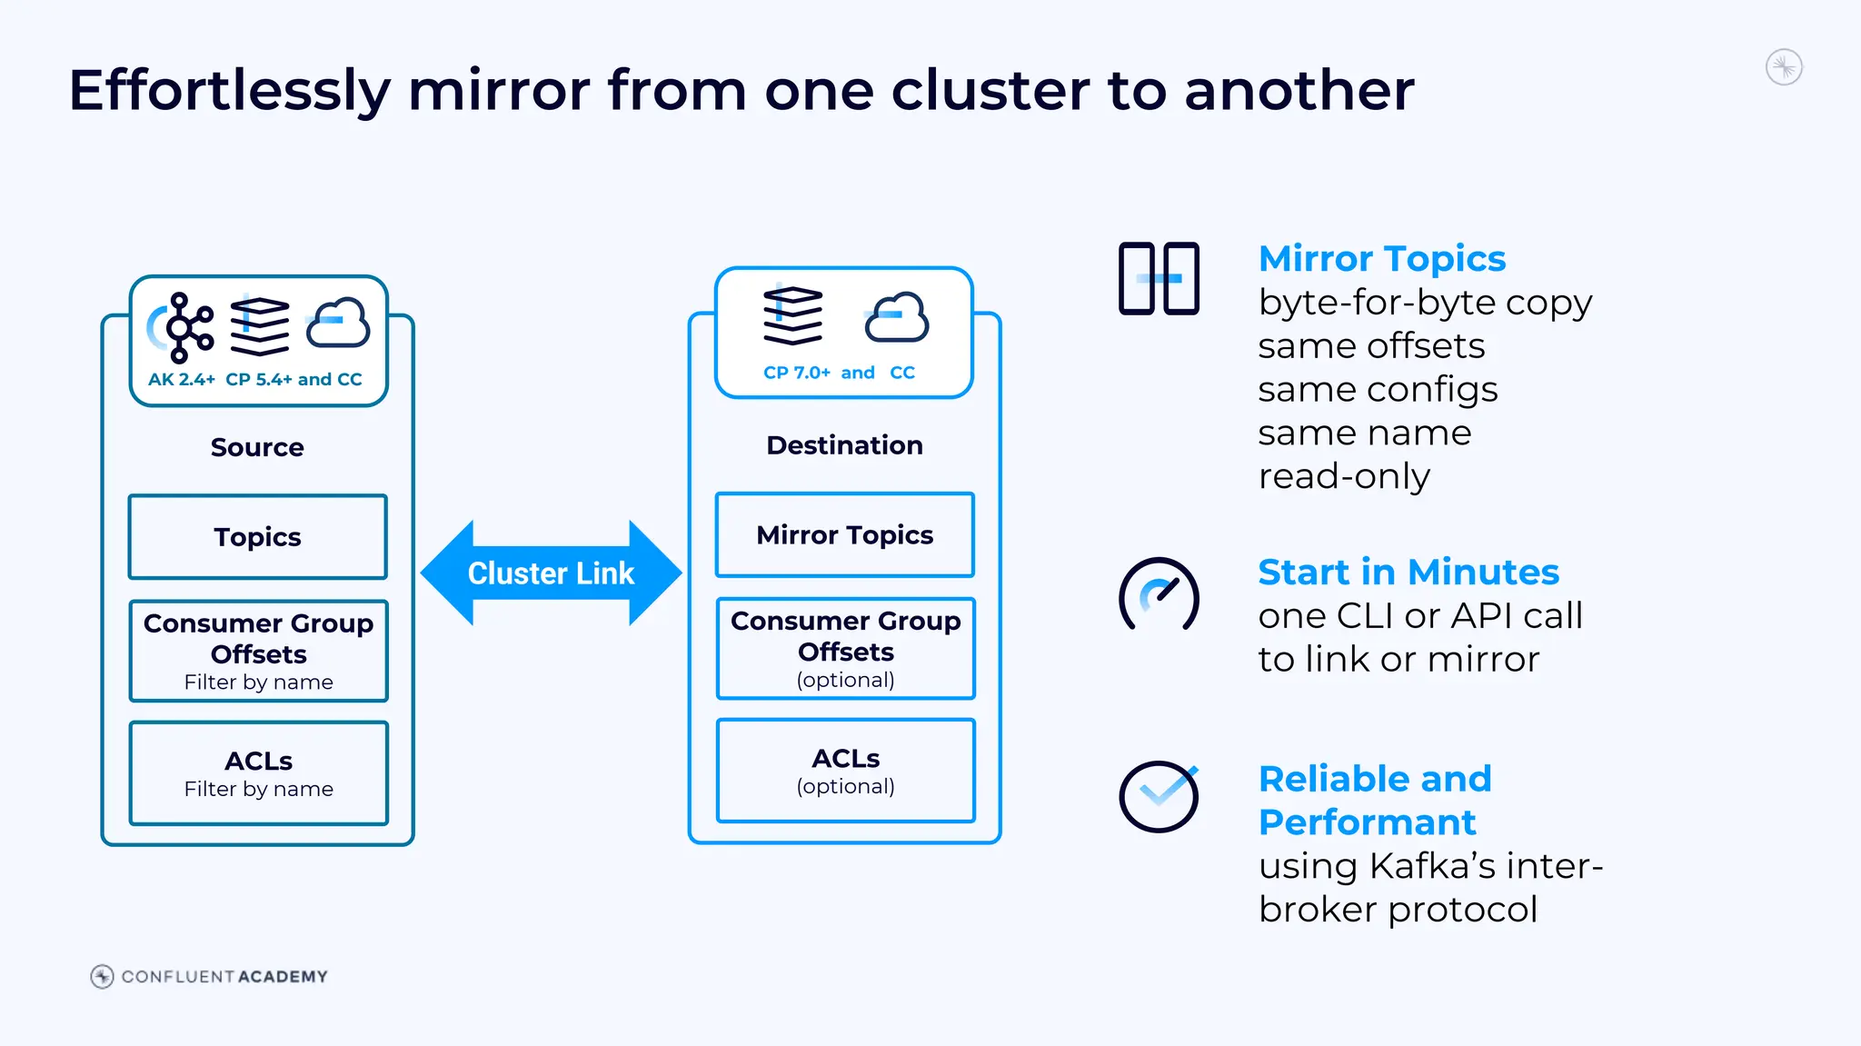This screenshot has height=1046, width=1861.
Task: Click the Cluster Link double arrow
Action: [x=551, y=573]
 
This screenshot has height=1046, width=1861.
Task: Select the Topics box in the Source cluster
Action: [x=258, y=537]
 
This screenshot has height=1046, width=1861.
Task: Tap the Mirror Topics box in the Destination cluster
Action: [x=845, y=535]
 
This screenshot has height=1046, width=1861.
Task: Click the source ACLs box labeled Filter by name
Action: [x=259, y=773]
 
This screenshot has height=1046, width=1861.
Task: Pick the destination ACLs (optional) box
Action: [x=846, y=771]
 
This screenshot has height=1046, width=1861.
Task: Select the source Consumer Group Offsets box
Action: [x=259, y=651]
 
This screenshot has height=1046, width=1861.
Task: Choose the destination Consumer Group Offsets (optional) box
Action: [x=846, y=649]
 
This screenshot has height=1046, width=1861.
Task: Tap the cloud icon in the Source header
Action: [x=338, y=324]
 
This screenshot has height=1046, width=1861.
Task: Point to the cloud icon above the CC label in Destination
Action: [x=897, y=318]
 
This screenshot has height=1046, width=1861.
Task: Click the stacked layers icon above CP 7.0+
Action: [x=792, y=315]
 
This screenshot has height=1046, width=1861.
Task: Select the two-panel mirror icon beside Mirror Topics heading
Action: [x=1159, y=279]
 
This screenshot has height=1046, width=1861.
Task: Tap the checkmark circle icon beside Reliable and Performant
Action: [x=1159, y=796]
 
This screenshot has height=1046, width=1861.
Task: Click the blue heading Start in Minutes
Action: [x=1408, y=573]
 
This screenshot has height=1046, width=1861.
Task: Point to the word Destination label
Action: [x=844, y=445]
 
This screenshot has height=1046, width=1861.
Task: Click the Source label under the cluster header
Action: [x=257, y=447]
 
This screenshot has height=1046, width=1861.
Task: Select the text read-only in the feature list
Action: [x=1344, y=476]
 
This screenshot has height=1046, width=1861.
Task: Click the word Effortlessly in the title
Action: [x=229, y=91]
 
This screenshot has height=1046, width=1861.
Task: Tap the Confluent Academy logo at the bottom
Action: [x=209, y=976]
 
